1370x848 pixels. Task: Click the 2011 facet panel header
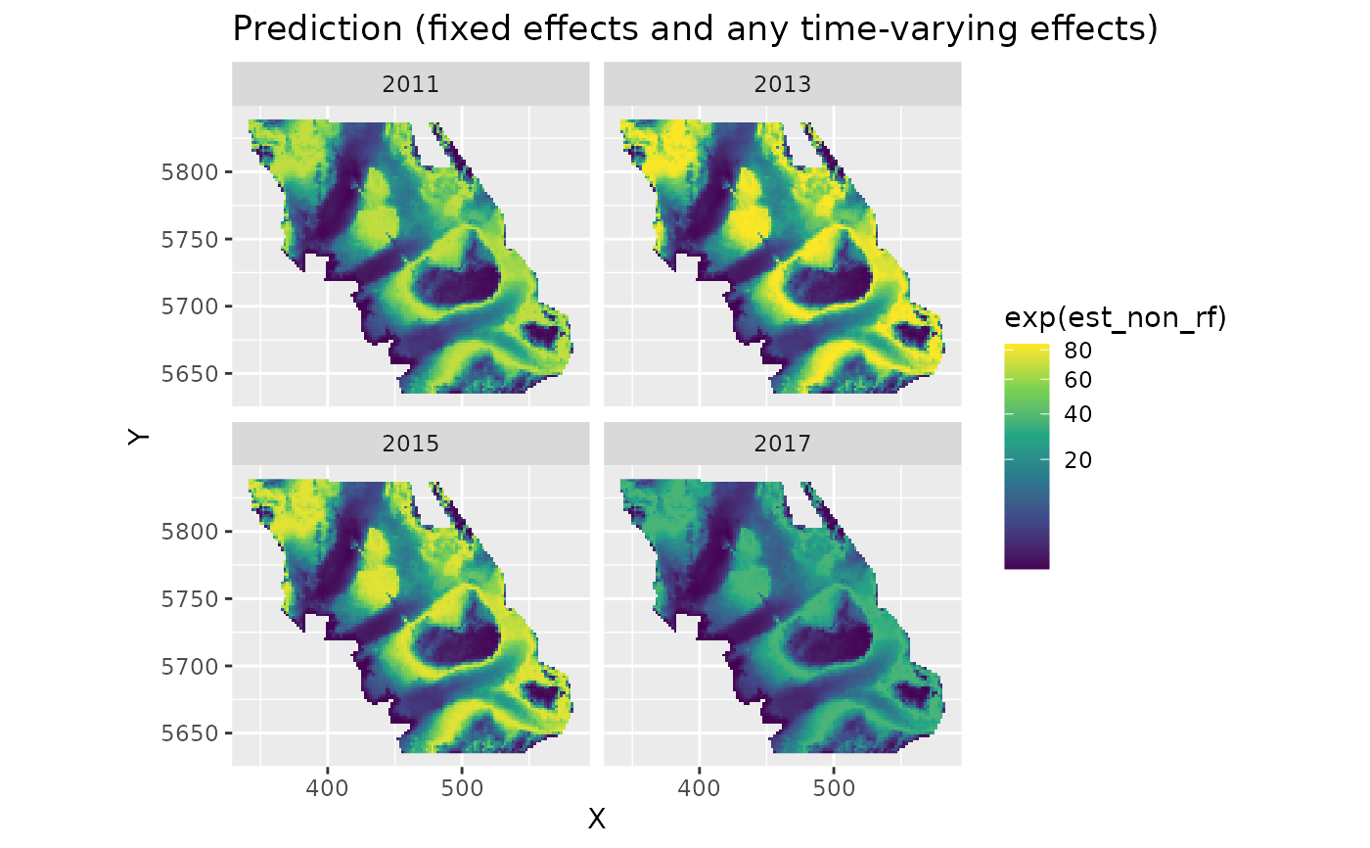(410, 84)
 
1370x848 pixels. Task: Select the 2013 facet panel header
(782, 84)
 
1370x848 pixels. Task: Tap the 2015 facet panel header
(410, 444)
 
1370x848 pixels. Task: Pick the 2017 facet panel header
(782, 444)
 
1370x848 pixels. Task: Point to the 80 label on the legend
(1077, 350)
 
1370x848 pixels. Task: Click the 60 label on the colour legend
(1077, 379)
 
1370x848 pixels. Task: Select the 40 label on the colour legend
(1077, 414)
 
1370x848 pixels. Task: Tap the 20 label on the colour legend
(1077, 459)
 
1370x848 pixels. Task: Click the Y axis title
(139, 436)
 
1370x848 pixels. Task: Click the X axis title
(596, 819)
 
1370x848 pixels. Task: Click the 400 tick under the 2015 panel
(328, 787)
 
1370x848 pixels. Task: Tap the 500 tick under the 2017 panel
(834, 787)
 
